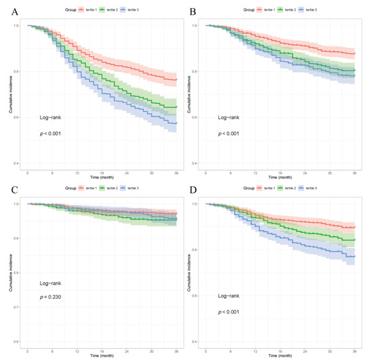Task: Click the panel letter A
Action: click(7, 11)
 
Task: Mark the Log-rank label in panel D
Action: click(231, 295)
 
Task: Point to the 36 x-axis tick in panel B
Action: click(354, 172)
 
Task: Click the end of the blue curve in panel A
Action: click(176, 124)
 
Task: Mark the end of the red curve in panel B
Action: click(355, 53)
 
